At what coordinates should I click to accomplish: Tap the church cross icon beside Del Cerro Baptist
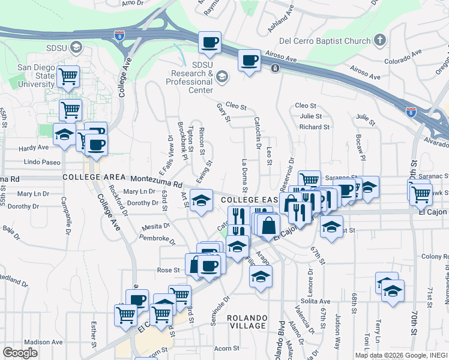click(379, 41)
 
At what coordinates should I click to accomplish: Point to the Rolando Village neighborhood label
click(247, 322)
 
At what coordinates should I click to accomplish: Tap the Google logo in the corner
click(20, 352)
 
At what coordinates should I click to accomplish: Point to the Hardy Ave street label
click(33, 147)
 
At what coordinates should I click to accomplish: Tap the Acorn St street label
click(226, 348)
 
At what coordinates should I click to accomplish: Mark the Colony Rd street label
click(435, 257)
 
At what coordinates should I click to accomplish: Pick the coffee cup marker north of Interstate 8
click(210, 43)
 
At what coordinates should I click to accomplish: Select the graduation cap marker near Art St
click(202, 200)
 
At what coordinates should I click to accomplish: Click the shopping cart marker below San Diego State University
click(70, 110)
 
